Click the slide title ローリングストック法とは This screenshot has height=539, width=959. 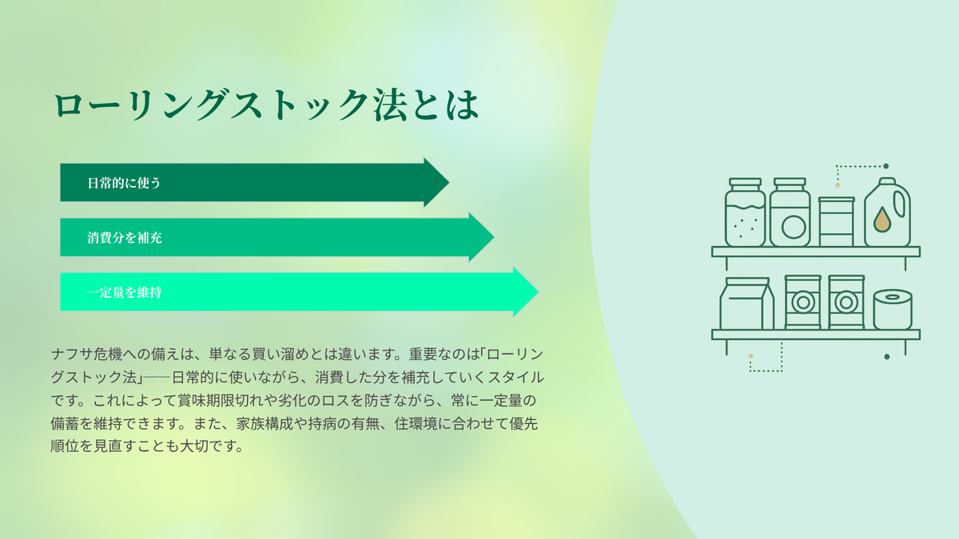tap(266, 105)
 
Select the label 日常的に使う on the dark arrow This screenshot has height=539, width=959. tap(124, 183)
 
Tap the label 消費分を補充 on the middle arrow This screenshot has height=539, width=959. tap(125, 238)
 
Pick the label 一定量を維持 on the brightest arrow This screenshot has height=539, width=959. tap(125, 292)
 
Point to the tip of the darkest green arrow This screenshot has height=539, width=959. tap(448, 183)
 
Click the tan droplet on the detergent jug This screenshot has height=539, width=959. tap(882, 220)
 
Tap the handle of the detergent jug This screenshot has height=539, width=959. tap(900, 204)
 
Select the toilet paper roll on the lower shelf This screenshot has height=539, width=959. tap(892, 309)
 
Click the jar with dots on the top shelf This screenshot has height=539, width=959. tap(745, 212)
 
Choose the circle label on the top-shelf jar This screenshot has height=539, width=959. tap(794, 227)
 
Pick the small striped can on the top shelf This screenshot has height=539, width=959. tap(836, 222)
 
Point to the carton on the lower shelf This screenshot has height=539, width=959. tap(746, 303)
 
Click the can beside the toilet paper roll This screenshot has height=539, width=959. tap(846, 302)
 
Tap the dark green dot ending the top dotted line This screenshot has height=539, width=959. tap(885, 166)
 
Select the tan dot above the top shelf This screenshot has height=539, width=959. tap(838, 185)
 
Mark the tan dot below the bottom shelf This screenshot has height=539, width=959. tap(750, 356)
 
